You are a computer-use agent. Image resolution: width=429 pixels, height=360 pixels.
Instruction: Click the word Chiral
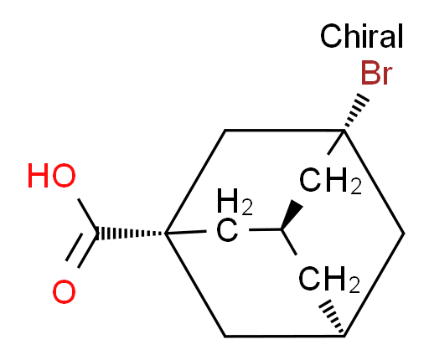click(x=361, y=36)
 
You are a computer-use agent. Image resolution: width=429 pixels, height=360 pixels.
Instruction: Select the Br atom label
click(x=376, y=73)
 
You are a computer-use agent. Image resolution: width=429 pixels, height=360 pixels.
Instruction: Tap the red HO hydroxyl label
click(x=52, y=176)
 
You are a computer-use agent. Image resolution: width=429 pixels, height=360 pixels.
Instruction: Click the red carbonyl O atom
click(x=64, y=291)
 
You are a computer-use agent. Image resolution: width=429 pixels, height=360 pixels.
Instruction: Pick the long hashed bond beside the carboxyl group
click(x=131, y=234)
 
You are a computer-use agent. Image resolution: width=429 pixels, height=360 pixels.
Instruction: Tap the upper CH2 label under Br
click(x=330, y=180)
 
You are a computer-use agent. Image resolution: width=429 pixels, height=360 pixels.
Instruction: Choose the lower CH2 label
click(x=329, y=279)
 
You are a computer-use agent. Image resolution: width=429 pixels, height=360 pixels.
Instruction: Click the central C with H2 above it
click(x=227, y=231)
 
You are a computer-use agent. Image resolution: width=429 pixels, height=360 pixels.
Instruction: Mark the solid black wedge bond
click(x=292, y=214)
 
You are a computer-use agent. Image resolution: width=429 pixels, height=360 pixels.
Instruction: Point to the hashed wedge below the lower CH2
click(x=332, y=316)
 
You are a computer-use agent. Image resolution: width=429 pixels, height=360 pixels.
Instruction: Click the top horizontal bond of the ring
click(x=284, y=130)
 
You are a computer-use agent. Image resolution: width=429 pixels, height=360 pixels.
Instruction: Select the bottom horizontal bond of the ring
click(x=284, y=337)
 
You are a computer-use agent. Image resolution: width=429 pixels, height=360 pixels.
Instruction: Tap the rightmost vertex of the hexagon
click(x=404, y=234)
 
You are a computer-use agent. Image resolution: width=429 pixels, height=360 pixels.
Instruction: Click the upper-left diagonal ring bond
click(x=195, y=182)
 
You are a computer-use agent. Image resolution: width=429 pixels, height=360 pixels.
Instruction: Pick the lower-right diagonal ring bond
click(x=374, y=285)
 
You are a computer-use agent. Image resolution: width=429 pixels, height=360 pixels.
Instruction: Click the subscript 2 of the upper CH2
click(x=356, y=188)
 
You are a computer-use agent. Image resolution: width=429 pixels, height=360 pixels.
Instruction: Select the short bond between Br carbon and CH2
click(x=336, y=142)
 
